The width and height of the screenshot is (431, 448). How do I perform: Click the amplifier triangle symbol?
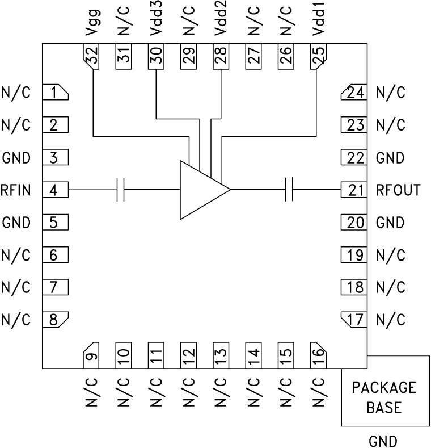(x=201, y=190)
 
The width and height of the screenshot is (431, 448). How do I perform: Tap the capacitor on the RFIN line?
(x=120, y=190)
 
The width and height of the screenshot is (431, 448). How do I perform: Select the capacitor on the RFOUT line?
(x=289, y=190)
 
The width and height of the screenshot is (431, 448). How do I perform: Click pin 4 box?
(x=55, y=190)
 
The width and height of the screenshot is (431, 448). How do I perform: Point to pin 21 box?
(x=354, y=190)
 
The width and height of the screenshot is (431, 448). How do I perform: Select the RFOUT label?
(x=398, y=190)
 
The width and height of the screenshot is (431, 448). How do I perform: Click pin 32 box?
(x=92, y=56)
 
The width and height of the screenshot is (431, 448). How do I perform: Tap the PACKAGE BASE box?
(x=384, y=397)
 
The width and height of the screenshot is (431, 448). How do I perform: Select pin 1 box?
(x=55, y=93)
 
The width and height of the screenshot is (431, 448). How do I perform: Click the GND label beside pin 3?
(x=15, y=158)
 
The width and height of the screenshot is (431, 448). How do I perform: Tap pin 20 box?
(x=354, y=223)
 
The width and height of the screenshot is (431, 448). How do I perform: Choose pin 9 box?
(x=92, y=355)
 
